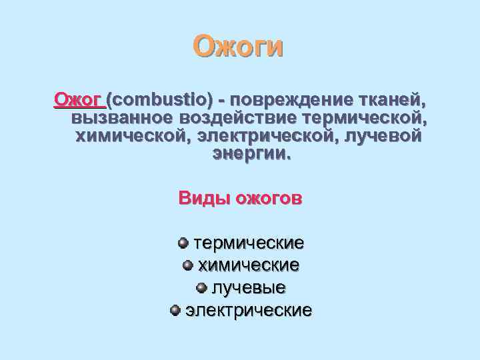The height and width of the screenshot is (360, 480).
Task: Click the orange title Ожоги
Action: click(x=238, y=47)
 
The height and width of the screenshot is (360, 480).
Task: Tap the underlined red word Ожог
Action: click(x=78, y=100)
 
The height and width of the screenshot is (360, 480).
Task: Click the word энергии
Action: click(x=251, y=154)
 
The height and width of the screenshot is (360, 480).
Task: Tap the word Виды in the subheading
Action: click(x=203, y=199)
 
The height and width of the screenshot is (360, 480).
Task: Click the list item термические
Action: click(x=249, y=243)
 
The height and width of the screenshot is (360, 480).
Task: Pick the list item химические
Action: click(x=248, y=265)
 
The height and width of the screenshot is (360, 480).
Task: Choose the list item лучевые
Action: click(x=249, y=288)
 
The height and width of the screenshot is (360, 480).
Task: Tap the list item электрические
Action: click(x=248, y=311)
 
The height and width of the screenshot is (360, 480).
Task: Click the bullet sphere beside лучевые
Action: click(x=202, y=288)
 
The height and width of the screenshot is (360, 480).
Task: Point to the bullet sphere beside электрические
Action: click(x=175, y=310)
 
